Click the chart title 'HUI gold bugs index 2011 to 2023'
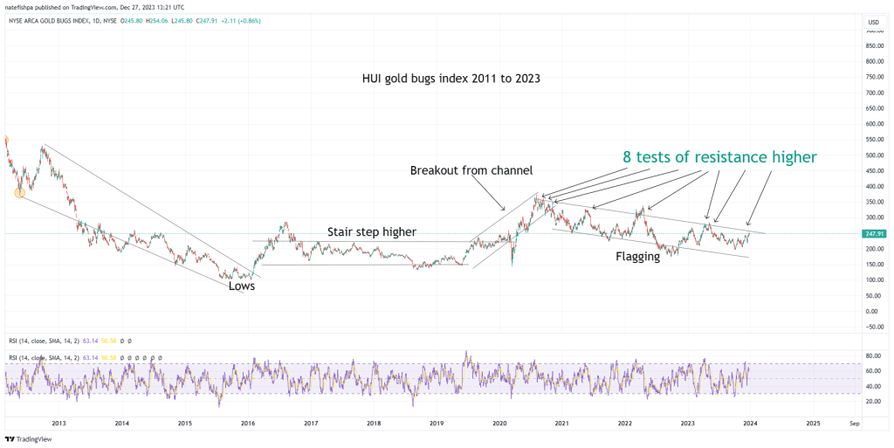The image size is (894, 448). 451,79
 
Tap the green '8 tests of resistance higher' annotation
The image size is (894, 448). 719,157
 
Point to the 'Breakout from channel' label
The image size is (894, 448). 471,170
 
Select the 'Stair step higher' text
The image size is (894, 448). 372,232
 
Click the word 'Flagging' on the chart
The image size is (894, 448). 637,257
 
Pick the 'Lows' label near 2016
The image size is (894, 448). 242,286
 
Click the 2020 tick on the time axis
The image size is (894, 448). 499,423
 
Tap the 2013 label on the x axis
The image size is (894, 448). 59,423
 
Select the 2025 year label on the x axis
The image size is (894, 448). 813,423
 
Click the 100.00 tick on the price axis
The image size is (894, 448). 874,280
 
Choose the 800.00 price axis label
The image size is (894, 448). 874,62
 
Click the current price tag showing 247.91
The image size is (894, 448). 875,234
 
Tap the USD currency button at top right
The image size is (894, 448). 873,22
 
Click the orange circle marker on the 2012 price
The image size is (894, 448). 19,193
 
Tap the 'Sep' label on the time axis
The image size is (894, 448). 855,423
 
